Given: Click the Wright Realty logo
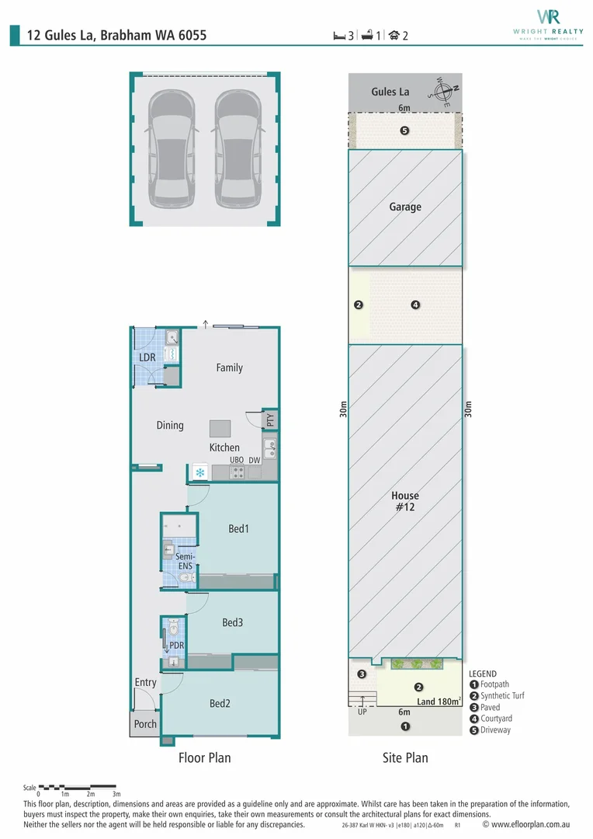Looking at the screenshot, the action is [x=548, y=24].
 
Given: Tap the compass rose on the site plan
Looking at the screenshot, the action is [x=443, y=92].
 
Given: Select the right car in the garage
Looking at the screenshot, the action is [x=238, y=148].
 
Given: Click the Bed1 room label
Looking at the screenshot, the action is [x=238, y=529].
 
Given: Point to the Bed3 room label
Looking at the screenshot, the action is [x=233, y=622].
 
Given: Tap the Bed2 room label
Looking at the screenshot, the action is [x=220, y=703].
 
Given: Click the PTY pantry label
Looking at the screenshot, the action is [x=270, y=420].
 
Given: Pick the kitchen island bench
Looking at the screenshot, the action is [x=220, y=429].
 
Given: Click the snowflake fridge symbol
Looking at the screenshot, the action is [x=200, y=472].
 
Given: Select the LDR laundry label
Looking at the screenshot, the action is [x=147, y=357].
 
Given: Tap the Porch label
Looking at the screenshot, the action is [x=145, y=724].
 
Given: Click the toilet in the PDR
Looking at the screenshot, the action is [x=174, y=626].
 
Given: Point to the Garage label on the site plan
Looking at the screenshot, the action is [x=405, y=207].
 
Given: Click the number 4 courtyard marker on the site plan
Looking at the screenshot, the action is [x=415, y=305].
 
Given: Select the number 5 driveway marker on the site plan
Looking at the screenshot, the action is [x=405, y=131].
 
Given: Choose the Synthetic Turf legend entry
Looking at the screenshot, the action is [x=497, y=695].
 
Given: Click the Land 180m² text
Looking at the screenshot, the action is [x=439, y=701].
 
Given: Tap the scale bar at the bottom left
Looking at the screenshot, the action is [x=77, y=786].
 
